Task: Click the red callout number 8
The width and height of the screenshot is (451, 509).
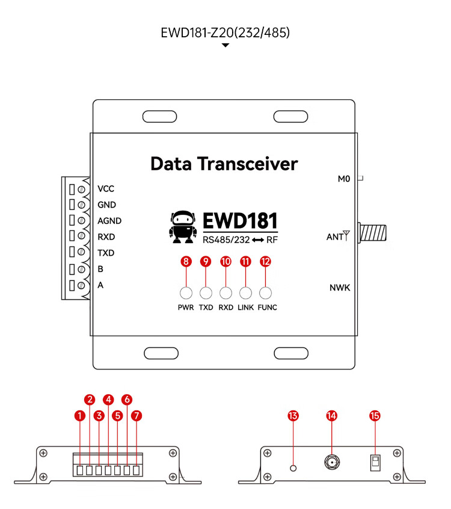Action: [x=186, y=261]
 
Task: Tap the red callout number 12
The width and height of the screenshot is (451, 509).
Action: [x=265, y=261]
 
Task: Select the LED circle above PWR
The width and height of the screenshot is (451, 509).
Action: [x=186, y=293]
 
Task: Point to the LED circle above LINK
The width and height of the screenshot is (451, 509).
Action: [x=245, y=293]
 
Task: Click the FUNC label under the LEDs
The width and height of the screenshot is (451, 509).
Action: [x=268, y=307]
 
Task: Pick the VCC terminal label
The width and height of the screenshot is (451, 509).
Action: [x=106, y=188]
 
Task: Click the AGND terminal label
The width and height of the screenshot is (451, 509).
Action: [x=109, y=221]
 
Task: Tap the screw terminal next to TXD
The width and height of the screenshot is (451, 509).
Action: [x=81, y=252]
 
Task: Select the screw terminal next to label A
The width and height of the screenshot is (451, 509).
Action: [x=81, y=285]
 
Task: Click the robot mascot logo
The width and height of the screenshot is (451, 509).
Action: [x=183, y=227]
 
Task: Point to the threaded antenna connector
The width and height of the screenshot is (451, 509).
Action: [x=372, y=233]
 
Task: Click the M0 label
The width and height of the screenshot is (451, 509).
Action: [x=344, y=179]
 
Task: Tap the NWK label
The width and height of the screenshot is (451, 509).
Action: [x=340, y=288]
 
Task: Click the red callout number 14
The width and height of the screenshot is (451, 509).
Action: [x=331, y=416]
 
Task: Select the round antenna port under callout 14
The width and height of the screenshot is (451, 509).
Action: [x=332, y=461]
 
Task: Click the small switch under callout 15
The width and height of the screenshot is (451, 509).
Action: [x=375, y=462]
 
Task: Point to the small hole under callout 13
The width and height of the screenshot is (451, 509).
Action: [x=293, y=468]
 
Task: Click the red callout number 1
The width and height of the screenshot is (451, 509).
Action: [x=80, y=416]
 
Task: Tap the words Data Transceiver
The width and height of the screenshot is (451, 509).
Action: [x=224, y=164]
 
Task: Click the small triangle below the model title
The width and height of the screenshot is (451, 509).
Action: [x=225, y=46]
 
